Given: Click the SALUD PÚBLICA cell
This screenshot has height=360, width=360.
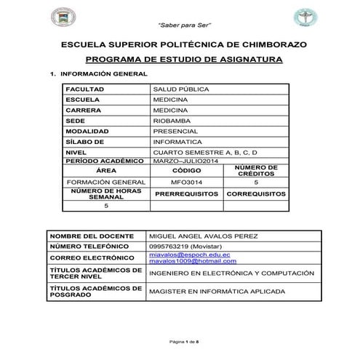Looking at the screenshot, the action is point(177,89).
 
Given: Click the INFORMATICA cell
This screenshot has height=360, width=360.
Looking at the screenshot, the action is point(177,141).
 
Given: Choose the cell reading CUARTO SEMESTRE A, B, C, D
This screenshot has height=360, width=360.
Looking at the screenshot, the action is point(206,152).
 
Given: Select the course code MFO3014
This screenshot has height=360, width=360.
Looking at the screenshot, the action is point(185,183).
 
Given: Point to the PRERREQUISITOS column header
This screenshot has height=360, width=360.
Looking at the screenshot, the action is point(186,194).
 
